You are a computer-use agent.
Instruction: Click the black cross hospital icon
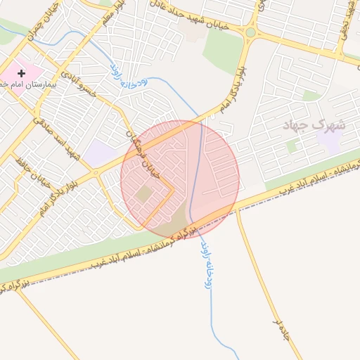pos(22,72)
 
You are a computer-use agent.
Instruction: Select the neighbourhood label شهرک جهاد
pos(314,126)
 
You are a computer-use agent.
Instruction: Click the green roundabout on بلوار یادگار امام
pos(251,32)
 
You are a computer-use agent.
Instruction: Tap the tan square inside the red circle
pos(145,193)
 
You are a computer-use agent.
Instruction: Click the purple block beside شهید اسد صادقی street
pos(101,153)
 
